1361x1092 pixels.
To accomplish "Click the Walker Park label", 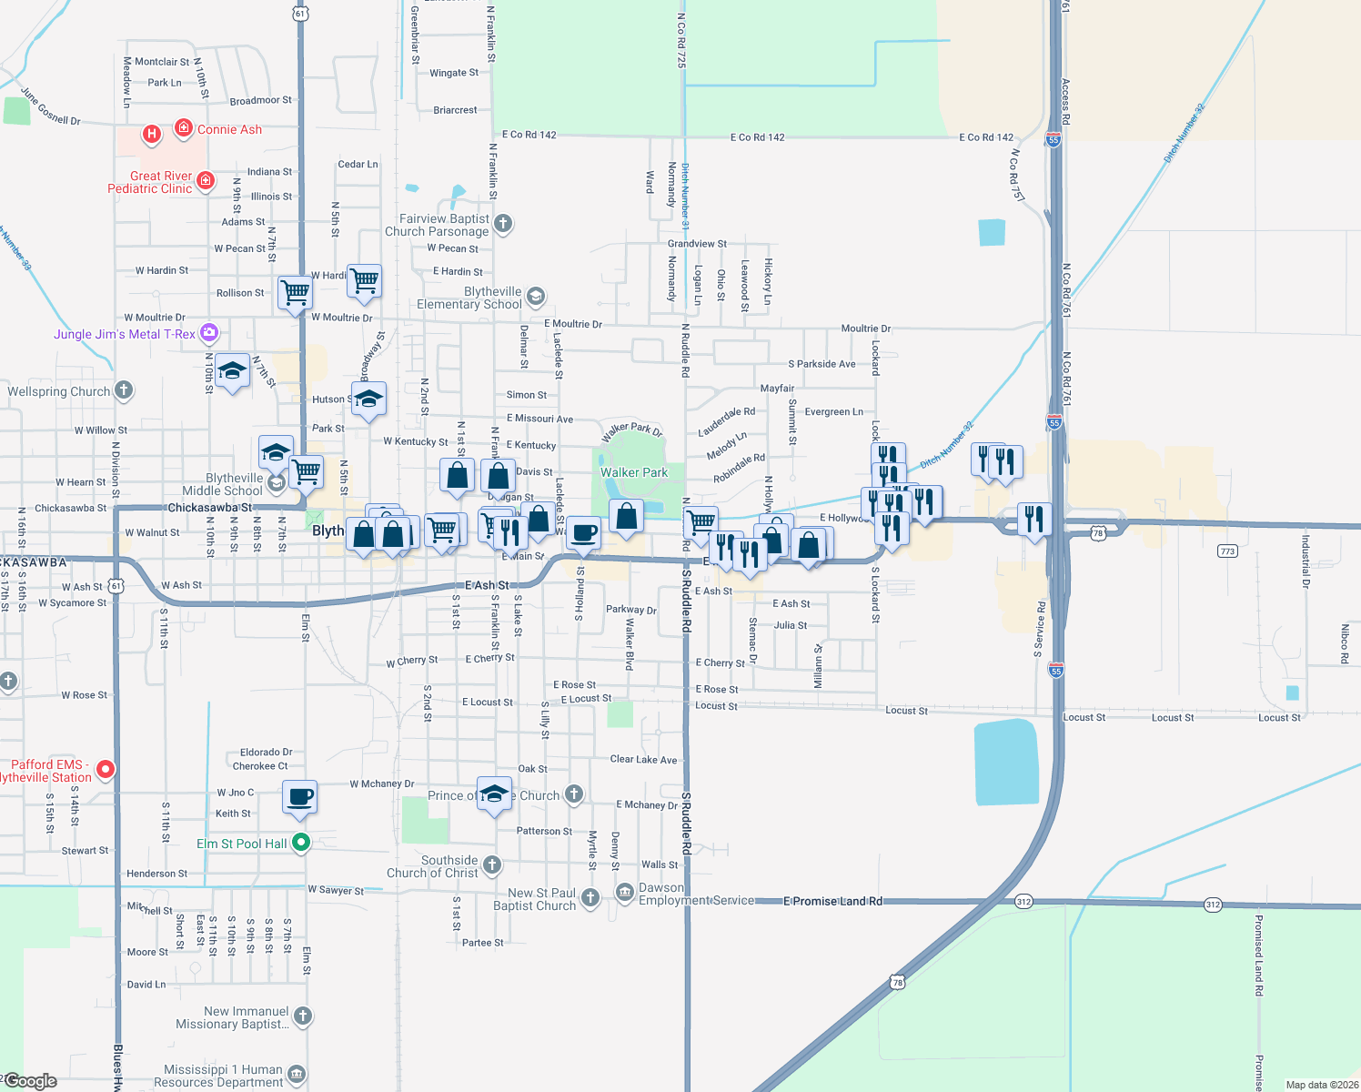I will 634,472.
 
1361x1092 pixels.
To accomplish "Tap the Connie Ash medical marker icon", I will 184,128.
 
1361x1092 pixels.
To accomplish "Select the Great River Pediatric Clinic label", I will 150,182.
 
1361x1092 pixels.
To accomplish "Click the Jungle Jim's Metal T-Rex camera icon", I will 209,333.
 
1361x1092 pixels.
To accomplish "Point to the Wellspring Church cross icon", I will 124,390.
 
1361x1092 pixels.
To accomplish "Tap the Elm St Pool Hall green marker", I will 301,844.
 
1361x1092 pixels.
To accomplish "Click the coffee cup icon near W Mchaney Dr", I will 299,797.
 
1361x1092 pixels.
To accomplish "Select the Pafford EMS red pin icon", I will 106,770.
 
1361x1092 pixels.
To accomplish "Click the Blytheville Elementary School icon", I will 536,296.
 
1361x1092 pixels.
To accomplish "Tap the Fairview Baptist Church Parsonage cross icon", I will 503,223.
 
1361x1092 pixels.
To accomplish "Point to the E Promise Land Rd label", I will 832,901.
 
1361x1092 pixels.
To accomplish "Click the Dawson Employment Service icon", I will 625,893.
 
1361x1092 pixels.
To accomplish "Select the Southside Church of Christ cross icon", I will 492,864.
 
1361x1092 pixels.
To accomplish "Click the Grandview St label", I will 697,244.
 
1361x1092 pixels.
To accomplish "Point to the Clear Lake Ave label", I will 643,759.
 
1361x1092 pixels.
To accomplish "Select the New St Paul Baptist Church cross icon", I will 590,898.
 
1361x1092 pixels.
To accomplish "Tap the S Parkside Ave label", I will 822,364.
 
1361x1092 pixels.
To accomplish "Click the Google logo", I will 31,1081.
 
